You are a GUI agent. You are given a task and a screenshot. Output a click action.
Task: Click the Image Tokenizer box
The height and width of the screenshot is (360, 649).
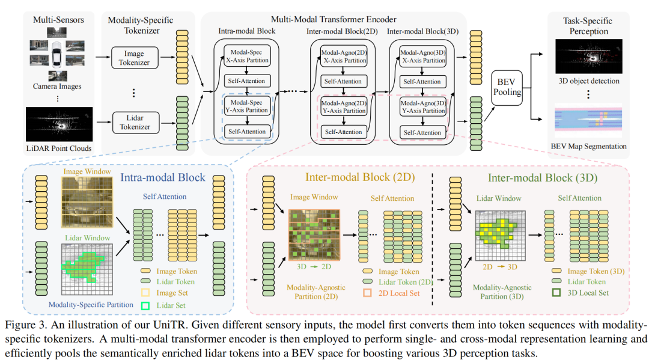coord(135,58)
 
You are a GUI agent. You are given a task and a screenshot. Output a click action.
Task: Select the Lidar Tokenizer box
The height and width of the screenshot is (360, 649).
coord(135,122)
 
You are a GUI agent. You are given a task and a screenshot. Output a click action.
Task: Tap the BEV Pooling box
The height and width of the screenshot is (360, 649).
coord(506,88)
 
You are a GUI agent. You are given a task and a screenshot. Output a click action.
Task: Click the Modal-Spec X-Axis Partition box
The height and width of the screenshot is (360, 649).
coord(248,56)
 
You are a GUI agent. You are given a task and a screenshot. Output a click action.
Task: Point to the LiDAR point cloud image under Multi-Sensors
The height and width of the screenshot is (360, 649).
coord(59,124)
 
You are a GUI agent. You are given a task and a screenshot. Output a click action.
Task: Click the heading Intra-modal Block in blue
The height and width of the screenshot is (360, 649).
coord(163,178)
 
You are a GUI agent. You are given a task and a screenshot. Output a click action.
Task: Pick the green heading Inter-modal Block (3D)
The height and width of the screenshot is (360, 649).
coord(537,178)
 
